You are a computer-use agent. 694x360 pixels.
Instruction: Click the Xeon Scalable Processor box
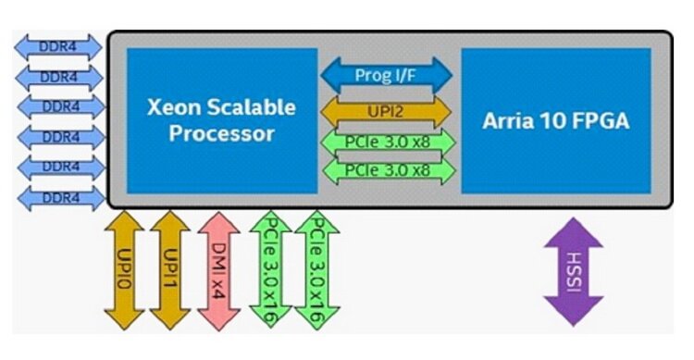[222, 120]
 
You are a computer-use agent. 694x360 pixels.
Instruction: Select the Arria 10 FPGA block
[555, 120]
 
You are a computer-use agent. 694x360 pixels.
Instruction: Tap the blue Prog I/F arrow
[386, 75]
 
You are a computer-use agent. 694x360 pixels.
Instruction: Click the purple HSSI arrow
[574, 271]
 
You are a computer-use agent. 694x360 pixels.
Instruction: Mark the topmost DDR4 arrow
[60, 43]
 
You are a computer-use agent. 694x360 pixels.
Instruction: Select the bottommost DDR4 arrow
[60, 196]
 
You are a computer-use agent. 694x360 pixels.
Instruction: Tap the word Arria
[510, 121]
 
